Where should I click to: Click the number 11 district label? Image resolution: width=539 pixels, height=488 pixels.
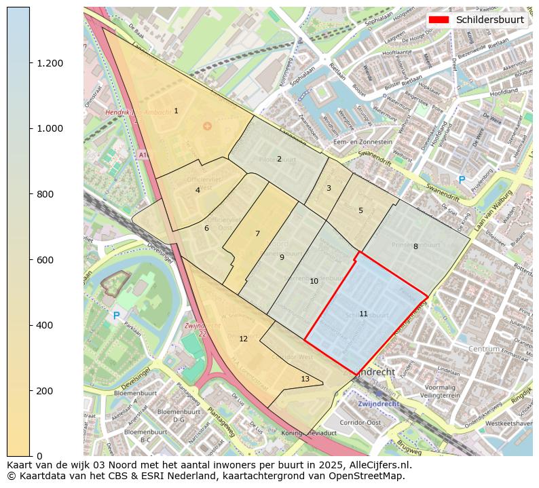[x=363, y=314]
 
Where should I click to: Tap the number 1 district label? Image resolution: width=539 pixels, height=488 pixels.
[x=176, y=111]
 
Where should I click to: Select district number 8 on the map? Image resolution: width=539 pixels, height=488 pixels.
[x=415, y=246]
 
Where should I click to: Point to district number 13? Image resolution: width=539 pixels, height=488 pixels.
[x=305, y=379]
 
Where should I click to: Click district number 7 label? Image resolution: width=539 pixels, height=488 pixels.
[x=257, y=233]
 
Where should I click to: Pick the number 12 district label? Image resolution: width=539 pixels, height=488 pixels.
[x=243, y=339]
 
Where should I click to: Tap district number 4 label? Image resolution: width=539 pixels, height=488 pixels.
[x=198, y=190]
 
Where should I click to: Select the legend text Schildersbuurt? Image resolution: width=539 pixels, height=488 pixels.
[x=489, y=20]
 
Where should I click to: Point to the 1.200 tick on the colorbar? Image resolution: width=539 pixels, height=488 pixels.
[x=50, y=63]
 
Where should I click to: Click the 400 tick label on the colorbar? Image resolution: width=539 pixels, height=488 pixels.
[x=45, y=325]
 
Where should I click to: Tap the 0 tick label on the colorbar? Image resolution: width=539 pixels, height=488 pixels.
[x=39, y=456]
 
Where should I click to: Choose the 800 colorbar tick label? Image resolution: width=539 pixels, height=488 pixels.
[x=45, y=194]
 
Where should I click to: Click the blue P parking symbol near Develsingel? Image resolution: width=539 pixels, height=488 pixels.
[x=116, y=316]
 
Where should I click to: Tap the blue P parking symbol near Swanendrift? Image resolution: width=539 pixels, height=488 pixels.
[x=462, y=180]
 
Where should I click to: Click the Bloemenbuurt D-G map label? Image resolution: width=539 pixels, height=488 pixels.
[x=170, y=415]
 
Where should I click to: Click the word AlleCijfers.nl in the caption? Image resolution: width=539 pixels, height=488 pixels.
[x=377, y=466]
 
